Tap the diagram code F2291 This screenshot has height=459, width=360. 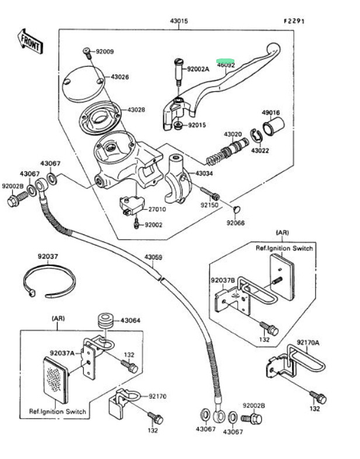click(x=295, y=21)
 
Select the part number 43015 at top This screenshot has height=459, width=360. click(x=179, y=22)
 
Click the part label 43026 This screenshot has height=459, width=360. click(x=120, y=77)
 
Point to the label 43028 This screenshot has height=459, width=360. click(x=136, y=109)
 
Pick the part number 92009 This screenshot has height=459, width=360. click(x=105, y=51)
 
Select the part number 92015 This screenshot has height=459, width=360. click(x=198, y=125)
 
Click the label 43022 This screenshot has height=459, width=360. click(x=260, y=151)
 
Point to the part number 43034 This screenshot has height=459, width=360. click(x=204, y=174)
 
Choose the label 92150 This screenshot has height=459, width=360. click(x=209, y=205)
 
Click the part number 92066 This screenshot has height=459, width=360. click(x=236, y=223)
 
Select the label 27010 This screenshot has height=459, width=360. click(x=157, y=209)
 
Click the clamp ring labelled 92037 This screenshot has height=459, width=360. click(x=51, y=281)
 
